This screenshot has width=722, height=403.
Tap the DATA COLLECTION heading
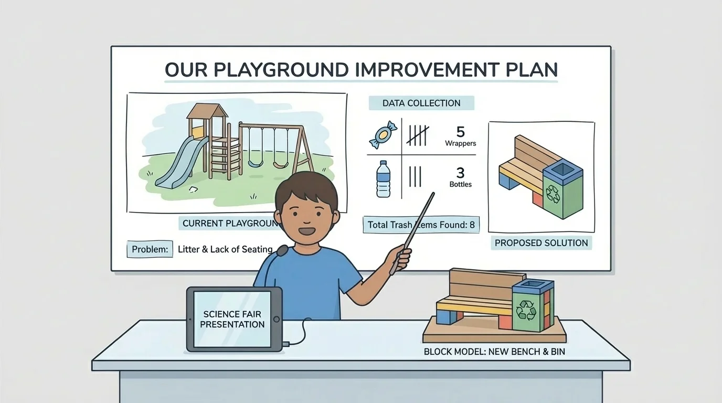421,103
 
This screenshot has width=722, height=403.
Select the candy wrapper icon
384,134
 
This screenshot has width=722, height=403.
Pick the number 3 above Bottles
460,173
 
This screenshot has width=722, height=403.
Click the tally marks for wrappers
418,134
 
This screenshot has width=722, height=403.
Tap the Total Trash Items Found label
420,225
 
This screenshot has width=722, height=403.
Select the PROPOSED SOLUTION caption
541,243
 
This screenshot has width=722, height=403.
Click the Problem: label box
150,249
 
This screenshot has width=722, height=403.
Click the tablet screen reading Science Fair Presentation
232,320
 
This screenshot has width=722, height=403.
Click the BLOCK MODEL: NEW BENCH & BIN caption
494,352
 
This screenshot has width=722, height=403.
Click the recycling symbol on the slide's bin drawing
554,194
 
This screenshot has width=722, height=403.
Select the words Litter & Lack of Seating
225,249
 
